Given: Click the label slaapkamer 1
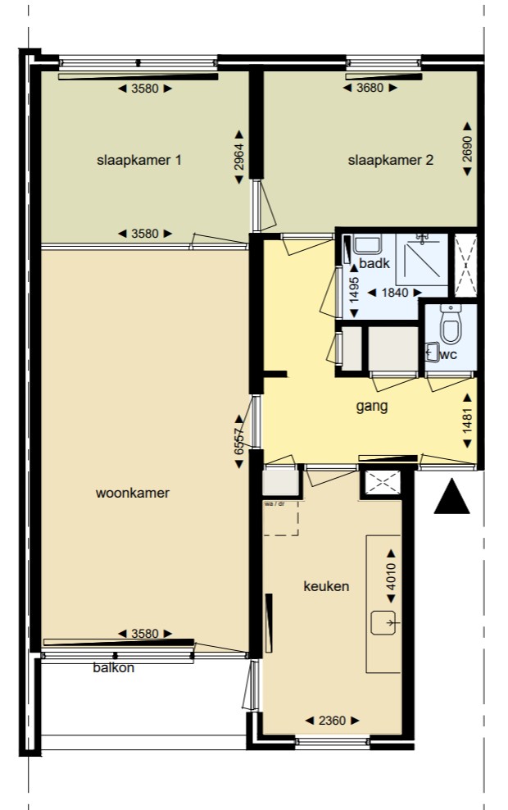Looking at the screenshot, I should point(138,160).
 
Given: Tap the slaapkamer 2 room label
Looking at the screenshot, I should point(390,160).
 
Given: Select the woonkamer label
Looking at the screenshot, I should point(132,493).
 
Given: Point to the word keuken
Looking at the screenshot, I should point(326,586).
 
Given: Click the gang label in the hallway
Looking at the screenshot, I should point(371,406).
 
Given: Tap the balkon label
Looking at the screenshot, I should point(113,668).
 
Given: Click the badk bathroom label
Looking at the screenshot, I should point(374,263).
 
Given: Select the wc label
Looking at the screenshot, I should point(448,354).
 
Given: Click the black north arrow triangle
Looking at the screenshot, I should point(451,498).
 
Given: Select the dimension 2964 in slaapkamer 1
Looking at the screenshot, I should point(239,153).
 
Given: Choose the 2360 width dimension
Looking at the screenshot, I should point(331,721).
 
